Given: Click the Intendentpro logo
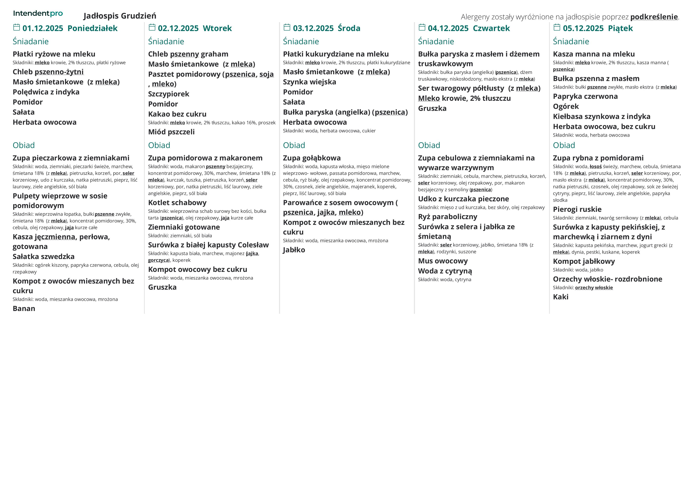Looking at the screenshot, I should click(x=38, y=14).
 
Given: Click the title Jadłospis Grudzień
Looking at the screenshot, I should click(x=120, y=16).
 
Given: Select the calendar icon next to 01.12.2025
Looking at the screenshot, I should click(x=17, y=27).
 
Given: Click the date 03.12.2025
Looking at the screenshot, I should click(x=313, y=28).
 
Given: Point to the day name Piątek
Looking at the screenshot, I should click(x=620, y=28).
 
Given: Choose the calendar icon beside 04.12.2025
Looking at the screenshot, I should click(x=422, y=27).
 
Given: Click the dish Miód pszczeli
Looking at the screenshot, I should click(x=171, y=132).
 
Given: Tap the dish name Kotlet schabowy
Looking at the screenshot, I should click(x=177, y=203).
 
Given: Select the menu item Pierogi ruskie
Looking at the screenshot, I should click(x=577, y=209).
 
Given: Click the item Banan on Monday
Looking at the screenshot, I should click(x=24, y=309).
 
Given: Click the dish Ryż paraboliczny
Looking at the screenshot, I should click(x=447, y=217).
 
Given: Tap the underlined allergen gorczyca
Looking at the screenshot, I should click(x=158, y=260).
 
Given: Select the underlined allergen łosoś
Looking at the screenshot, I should click(x=596, y=167).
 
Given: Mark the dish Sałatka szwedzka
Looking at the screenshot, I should click(x=44, y=257).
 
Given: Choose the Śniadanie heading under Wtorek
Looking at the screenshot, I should click(x=166, y=41).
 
